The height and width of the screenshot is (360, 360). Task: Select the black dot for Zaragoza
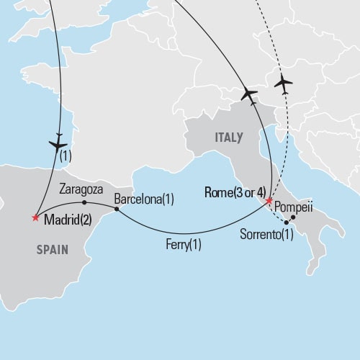(x=85, y=202)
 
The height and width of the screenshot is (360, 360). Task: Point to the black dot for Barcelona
(x=117, y=209)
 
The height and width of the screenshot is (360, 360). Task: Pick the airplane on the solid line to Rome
(x=249, y=94)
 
